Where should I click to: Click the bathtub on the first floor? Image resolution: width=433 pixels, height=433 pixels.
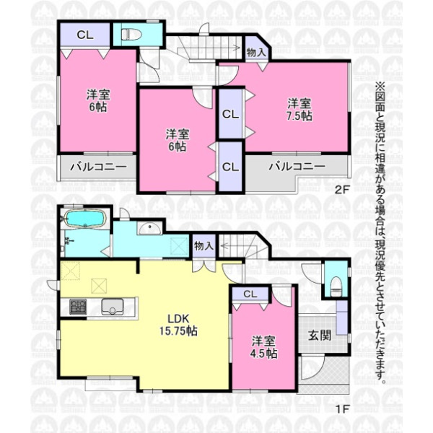[x=86, y=219]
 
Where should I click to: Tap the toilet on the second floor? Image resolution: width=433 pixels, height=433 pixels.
[x=131, y=35]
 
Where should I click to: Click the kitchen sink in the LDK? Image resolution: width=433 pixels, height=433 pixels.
[x=113, y=307]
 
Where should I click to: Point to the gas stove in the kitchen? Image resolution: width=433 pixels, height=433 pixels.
[x=78, y=307]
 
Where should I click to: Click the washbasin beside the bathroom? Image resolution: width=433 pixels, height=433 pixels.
[x=149, y=228]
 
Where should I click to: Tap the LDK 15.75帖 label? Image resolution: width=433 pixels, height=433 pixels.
[x=178, y=325]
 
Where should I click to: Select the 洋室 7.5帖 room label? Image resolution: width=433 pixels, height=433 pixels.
[x=299, y=110]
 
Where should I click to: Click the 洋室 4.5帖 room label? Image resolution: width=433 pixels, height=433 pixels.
[x=263, y=347]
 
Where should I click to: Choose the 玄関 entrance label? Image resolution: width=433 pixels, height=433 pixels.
[x=320, y=336]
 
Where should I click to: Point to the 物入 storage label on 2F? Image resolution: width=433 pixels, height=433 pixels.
[x=256, y=52]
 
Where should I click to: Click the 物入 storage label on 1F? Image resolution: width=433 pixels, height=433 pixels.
[x=204, y=245]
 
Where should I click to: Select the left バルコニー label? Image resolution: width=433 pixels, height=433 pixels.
[x=98, y=167]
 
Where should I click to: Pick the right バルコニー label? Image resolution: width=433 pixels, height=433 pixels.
[x=297, y=166]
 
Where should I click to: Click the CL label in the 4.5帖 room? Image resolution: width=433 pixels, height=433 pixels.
[x=250, y=294]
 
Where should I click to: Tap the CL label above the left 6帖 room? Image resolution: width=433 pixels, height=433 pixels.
[x=85, y=35]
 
